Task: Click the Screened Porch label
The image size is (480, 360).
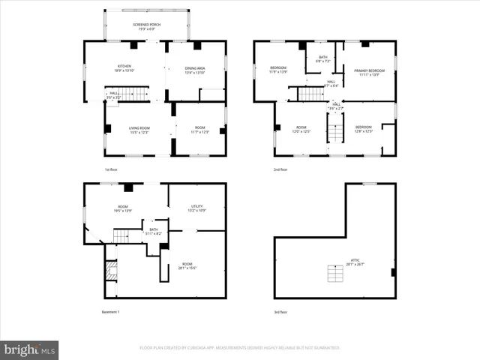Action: (x=147, y=26)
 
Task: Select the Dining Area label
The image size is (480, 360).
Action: (x=195, y=69)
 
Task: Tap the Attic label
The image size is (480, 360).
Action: (x=355, y=262)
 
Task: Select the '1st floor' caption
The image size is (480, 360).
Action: (x=111, y=170)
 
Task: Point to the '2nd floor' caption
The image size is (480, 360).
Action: (x=280, y=170)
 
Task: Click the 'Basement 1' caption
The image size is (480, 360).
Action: (x=111, y=312)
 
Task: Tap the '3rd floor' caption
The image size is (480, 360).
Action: (x=280, y=312)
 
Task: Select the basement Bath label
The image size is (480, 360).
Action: (x=153, y=232)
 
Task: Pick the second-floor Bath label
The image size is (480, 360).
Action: (x=323, y=58)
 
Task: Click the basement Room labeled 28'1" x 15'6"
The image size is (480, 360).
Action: (x=187, y=265)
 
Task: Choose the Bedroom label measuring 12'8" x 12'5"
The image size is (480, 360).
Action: (x=363, y=129)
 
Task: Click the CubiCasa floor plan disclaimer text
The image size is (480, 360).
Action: (x=240, y=348)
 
